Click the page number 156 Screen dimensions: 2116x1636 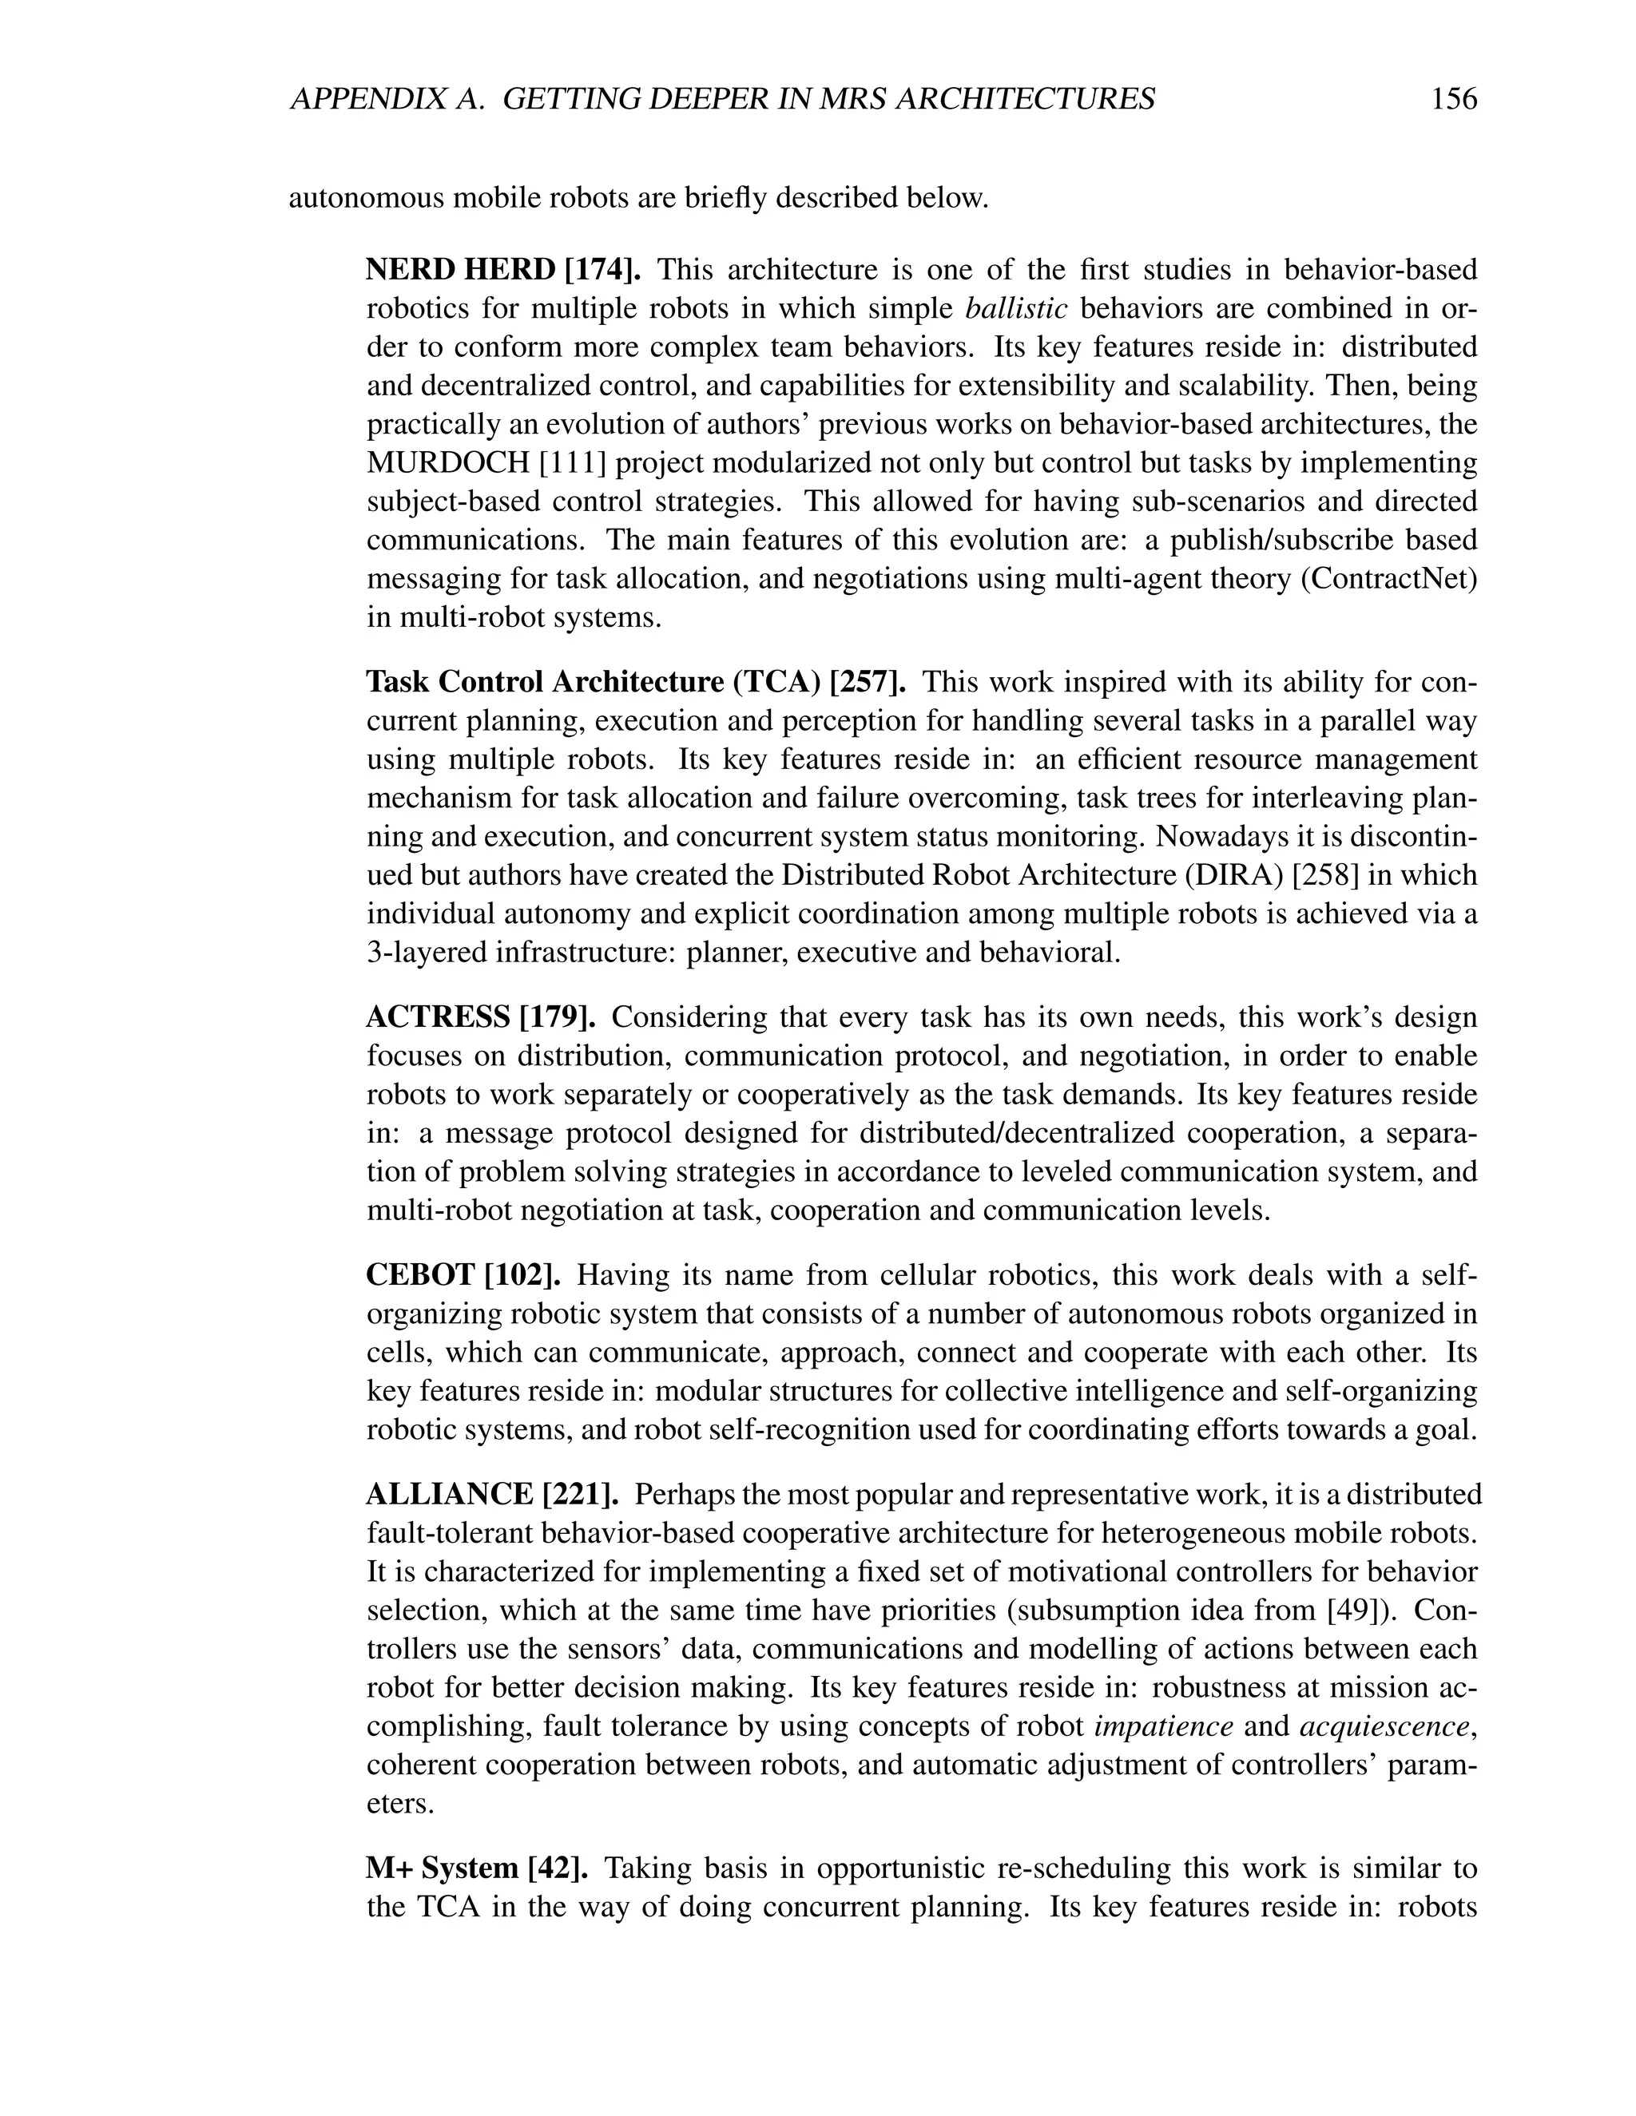pos(1453,99)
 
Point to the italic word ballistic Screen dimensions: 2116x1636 pos(1017,308)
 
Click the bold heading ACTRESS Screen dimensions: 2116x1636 pos(437,1017)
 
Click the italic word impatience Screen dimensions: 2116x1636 pos(1163,1727)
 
